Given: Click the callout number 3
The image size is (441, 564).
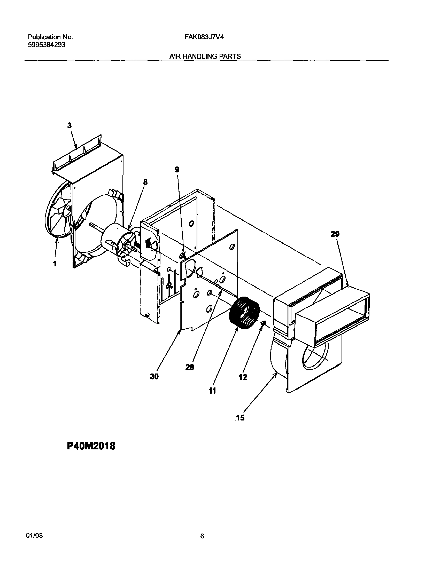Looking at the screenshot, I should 69,125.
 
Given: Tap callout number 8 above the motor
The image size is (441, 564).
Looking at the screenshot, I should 145,182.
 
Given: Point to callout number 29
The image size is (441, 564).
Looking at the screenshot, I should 335,234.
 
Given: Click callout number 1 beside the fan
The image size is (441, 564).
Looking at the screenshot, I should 55,264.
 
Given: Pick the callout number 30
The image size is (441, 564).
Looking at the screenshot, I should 154,377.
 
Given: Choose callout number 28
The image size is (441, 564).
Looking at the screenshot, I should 190,367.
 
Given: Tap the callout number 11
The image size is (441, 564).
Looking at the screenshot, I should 212,391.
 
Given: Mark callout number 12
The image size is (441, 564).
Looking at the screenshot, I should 243,377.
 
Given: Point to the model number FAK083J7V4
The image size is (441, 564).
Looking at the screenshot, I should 204,37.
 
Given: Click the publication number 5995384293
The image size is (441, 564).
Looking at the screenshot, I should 47,45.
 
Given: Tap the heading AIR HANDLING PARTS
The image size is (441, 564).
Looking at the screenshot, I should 205,56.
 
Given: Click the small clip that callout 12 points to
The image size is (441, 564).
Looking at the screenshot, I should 264,323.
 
